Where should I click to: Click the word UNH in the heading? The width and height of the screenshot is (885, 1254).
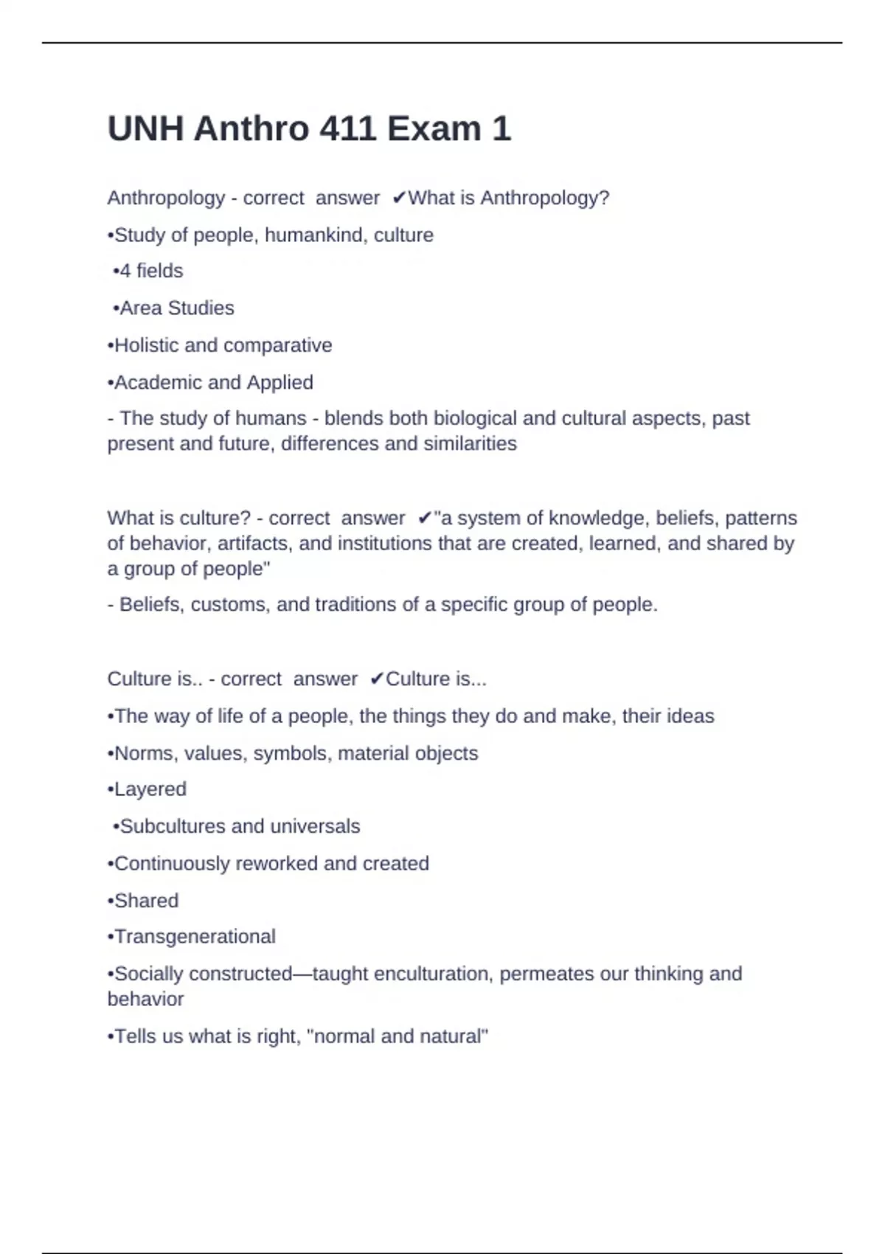coord(145,129)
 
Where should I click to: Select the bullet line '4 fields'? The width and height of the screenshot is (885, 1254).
coord(147,271)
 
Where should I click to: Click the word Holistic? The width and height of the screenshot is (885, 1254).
coord(146,346)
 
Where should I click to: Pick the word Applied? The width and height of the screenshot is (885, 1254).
coord(280,383)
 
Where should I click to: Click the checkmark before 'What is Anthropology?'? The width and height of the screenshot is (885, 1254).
coord(399,198)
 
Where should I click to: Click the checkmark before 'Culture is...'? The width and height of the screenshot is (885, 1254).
coord(376,679)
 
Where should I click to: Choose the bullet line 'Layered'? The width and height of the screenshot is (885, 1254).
coord(147,789)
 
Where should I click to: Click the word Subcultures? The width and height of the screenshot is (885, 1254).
coord(173,827)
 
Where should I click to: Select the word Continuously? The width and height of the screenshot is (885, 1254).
coord(172,864)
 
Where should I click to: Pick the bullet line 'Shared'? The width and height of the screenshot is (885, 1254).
coord(143,901)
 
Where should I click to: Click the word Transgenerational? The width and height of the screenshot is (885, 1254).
coord(195,937)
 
